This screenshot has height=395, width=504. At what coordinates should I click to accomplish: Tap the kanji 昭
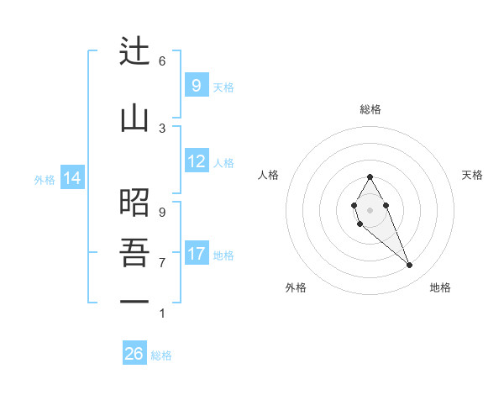click(134, 203)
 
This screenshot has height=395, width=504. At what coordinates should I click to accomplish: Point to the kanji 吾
click(134, 253)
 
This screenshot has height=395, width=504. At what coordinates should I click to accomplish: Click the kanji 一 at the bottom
click(134, 303)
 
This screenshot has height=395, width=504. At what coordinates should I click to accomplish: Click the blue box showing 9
click(196, 86)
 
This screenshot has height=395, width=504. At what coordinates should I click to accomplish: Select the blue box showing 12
click(197, 161)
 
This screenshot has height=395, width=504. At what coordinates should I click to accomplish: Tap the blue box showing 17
click(197, 254)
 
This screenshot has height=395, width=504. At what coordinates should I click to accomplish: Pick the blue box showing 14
click(71, 178)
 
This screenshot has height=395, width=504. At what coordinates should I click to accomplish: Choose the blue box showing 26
click(134, 354)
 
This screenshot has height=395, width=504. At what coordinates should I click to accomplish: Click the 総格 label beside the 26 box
click(161, 355)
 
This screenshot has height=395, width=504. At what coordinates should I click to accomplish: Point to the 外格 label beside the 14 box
click(45, 179)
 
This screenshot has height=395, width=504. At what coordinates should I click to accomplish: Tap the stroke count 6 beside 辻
click(162, 61)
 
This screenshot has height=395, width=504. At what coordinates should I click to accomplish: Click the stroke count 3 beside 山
click(162, 128)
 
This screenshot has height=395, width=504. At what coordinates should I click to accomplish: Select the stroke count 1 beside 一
click(162, 313)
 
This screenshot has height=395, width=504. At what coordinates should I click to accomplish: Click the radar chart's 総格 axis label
click(370, 109)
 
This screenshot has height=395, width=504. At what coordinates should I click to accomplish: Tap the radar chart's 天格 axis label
click(472, 175)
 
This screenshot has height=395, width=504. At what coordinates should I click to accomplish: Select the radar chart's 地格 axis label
click(440, 287)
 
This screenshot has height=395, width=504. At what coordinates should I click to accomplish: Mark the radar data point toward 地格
click(409, 266)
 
